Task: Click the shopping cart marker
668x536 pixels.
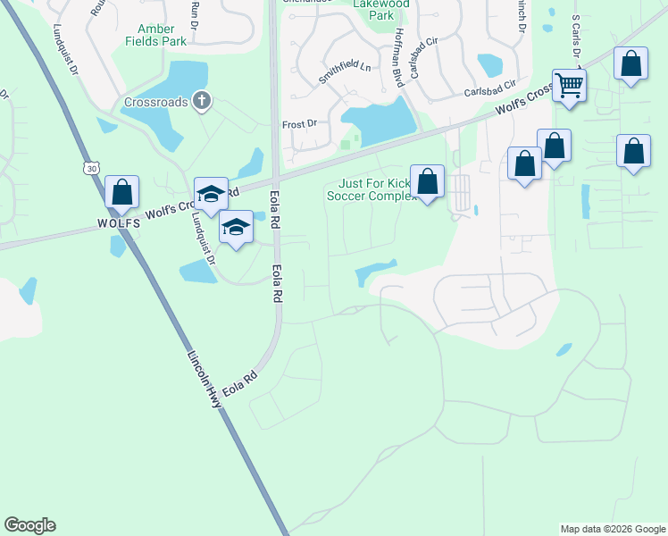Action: pos(568,87)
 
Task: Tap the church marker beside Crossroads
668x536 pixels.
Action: pos(202,101)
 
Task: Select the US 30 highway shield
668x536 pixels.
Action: pos(89,168)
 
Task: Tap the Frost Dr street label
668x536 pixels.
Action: pos(299,125)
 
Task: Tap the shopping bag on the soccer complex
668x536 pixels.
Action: pos(428,181)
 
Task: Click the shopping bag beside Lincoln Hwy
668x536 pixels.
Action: pos(121,192)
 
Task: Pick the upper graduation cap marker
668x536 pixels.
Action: pos(212,194)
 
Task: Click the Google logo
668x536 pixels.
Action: pos(29,525)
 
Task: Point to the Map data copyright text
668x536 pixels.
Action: pos(612,529)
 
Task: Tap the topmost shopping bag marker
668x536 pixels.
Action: pos(631,64)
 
